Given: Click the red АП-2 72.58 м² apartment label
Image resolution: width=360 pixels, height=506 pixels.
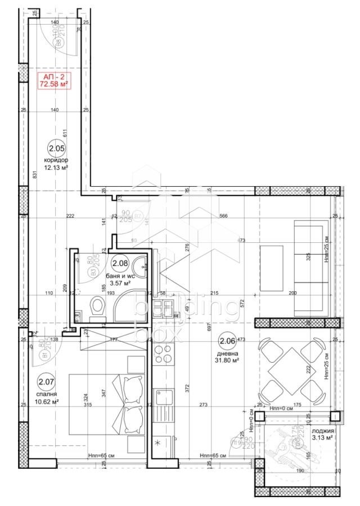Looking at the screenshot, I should [54, 80].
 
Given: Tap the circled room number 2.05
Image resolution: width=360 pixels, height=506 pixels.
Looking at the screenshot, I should [57, 149].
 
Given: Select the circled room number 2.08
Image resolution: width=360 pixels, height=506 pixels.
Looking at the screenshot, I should [120, 263].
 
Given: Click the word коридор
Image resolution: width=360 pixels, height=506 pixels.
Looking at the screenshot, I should [57, 160].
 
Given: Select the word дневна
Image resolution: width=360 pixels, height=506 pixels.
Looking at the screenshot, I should [228, 354].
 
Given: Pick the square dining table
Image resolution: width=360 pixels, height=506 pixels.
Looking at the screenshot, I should [291, 369].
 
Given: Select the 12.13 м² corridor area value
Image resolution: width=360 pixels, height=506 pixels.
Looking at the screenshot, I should [57, 168].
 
